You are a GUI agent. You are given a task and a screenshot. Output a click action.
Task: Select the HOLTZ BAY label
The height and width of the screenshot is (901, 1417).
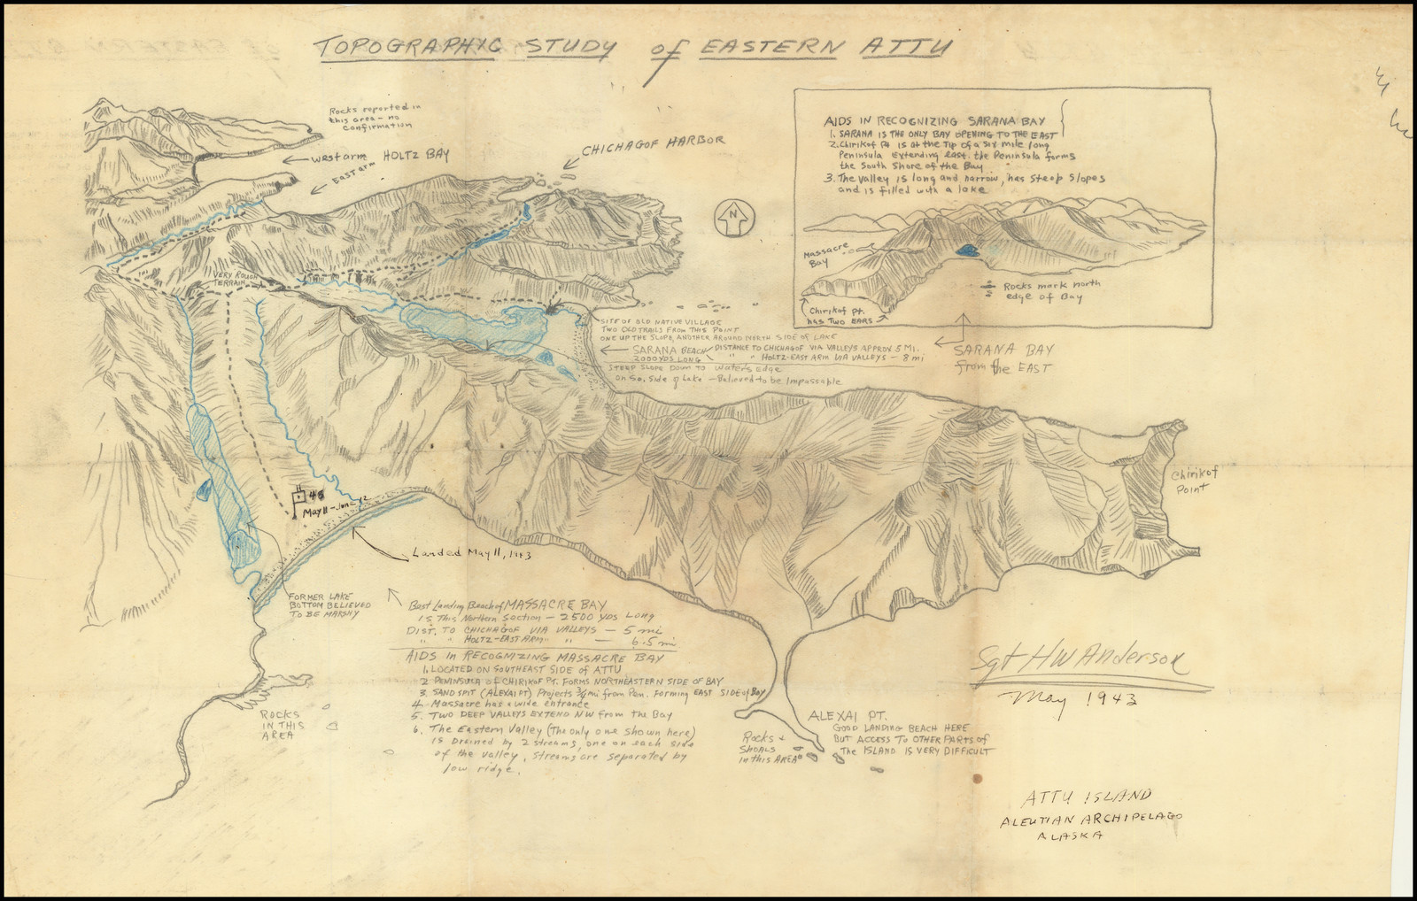point(415,157)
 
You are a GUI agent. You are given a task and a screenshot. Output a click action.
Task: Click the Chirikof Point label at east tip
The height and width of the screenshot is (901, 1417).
point(1195,480)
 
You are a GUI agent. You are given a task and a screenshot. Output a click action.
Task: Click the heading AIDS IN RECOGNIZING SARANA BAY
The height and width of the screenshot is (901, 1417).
point(934,120)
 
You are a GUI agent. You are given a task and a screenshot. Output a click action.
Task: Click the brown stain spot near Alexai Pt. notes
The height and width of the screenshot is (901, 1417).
point(977,779)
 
